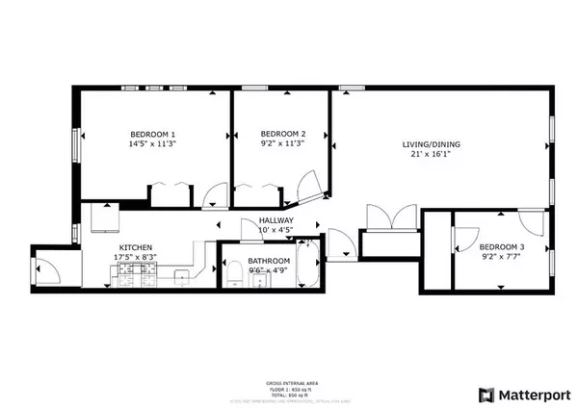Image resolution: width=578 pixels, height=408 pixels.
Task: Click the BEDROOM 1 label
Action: coord(152,133)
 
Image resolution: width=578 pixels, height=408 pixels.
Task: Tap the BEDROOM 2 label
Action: coord(282,133)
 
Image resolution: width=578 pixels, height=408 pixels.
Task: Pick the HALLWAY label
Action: coord(276,220)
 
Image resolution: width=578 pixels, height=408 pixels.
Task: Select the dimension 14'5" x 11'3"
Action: coord(152,143)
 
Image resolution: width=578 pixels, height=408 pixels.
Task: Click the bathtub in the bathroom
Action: coord(307,266)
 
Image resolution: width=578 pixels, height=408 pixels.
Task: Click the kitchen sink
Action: coord(180,278)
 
